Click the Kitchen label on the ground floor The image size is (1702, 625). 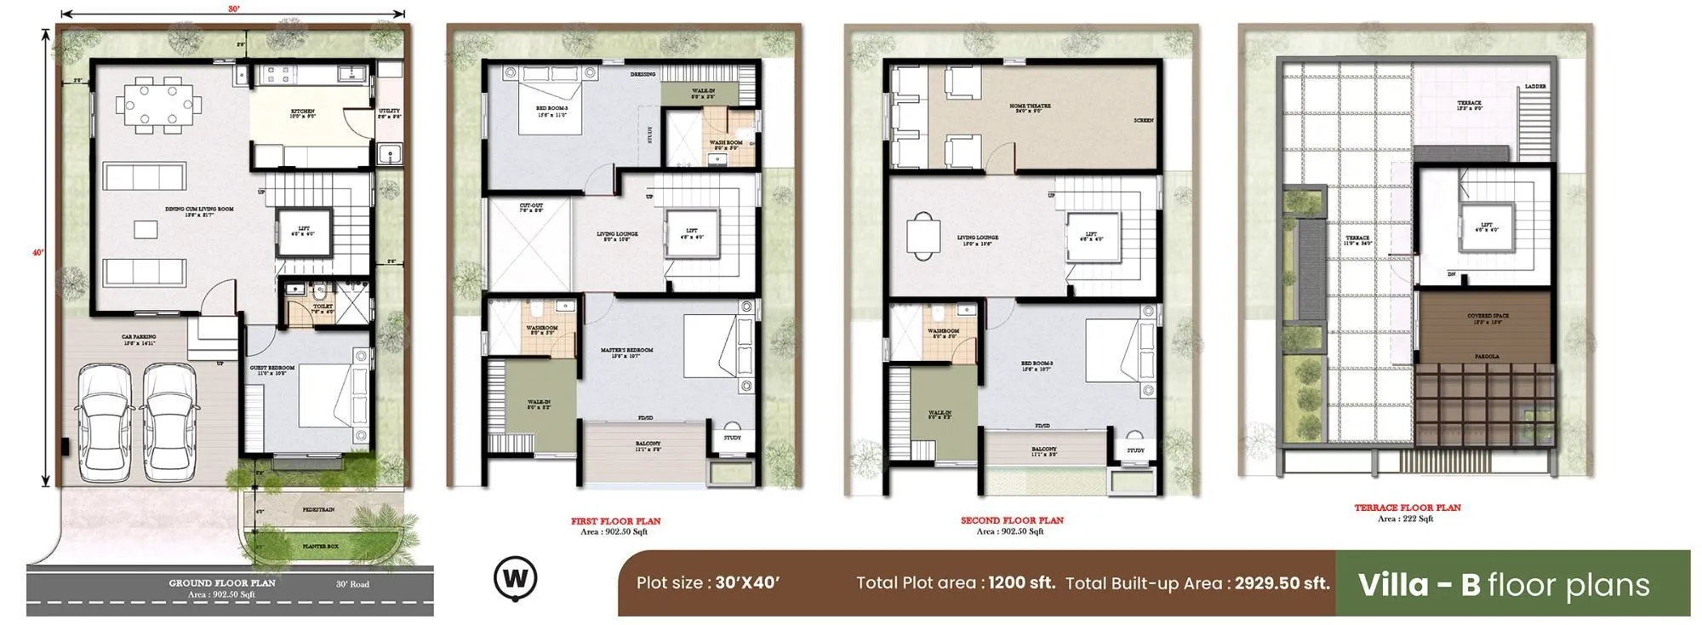pos(302,112)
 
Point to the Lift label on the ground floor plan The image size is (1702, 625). pos(304,229)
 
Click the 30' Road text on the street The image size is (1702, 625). pos(352,584)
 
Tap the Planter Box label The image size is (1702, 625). pos(320,546)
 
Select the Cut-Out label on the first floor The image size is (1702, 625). pos(531,206)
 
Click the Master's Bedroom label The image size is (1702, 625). pos(626,350)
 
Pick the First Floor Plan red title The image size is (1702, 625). pos(615,521)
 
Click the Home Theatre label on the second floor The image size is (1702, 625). pos(1030,106)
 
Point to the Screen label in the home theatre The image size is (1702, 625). pos(1143,121)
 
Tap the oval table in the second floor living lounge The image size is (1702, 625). pos(923,234)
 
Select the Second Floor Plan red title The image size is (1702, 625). pos(1012,520)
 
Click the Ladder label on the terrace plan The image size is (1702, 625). pos(1535,87)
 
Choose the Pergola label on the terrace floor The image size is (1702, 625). pos(1487,356)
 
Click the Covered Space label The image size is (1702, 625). pos(1488,316)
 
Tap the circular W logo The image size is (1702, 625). pos(516,578)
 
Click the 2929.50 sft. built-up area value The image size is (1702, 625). pos(1282,583)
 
